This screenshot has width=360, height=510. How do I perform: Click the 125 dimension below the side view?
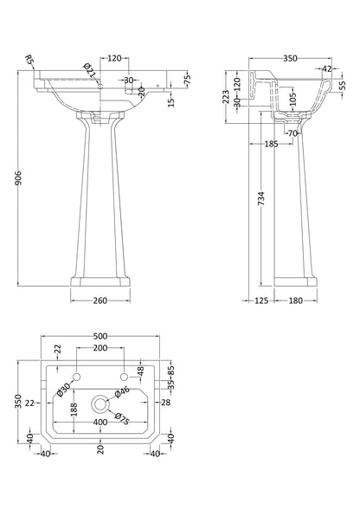pos(260,301)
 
